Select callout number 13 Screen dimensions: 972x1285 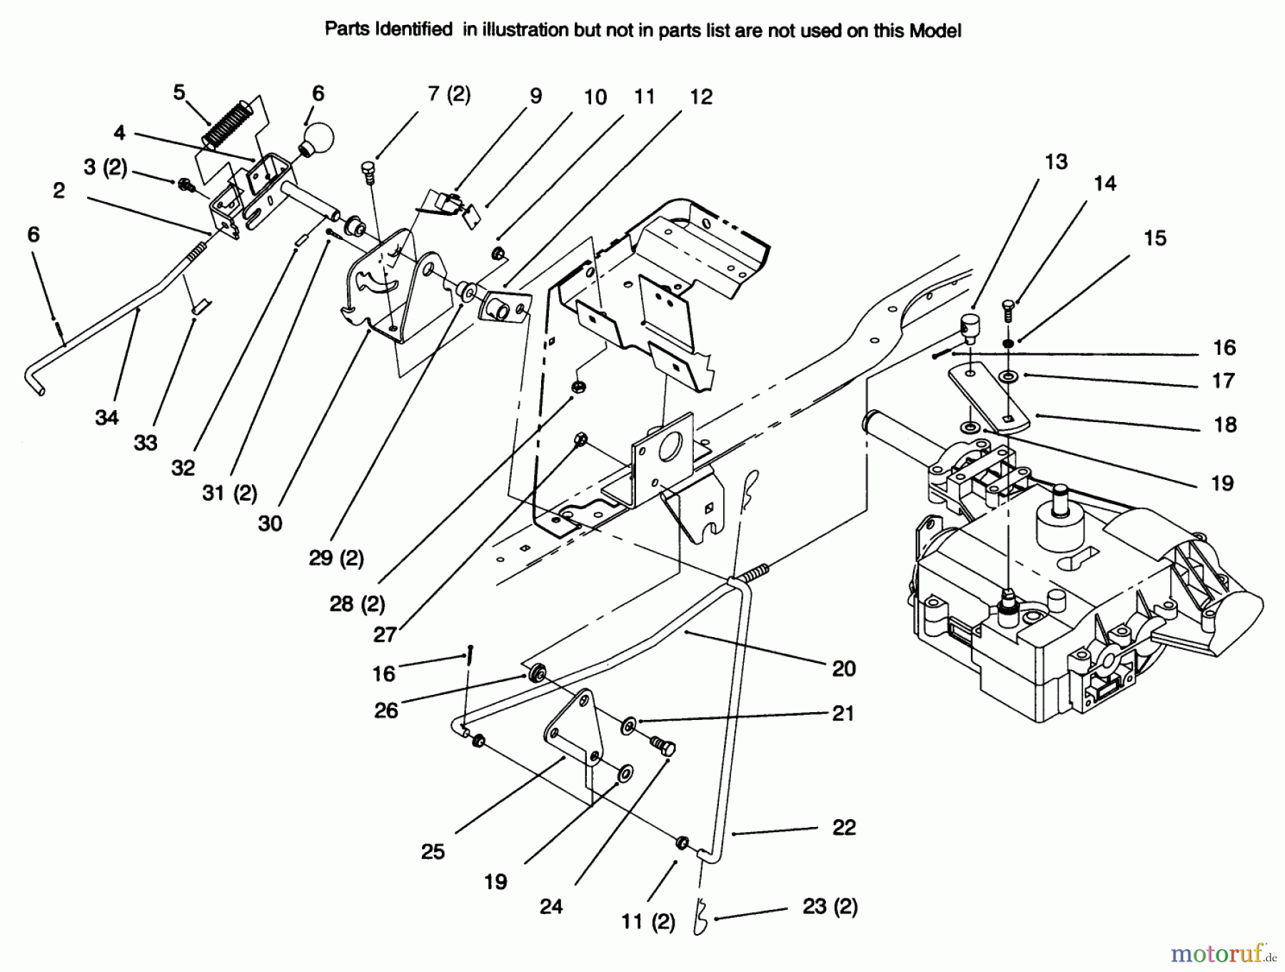pyautogui.click(x=1056, y=162)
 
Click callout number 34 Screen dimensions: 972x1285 pyautogui.click(x=106, y=417)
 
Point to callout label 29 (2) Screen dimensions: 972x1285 pyautogui.click(x=336, y=558)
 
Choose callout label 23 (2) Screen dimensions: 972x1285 pyautogui.click(x=830, y=906)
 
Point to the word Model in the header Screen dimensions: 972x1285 pyautogui.click(x=934, y=31)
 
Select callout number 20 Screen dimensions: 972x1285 pyautogui.click(x=843, y=668)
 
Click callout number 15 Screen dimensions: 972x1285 pyautogui.click(x=1154, y=238)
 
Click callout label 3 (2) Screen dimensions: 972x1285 pyautogui.click(x=105, y=167)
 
